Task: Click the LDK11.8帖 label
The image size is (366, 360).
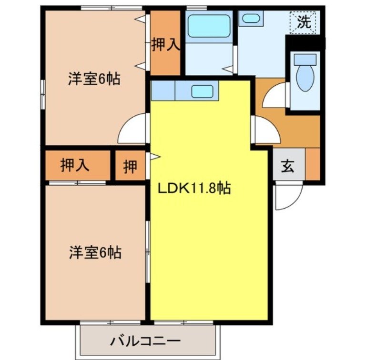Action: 194,189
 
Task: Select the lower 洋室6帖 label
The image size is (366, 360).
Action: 94,252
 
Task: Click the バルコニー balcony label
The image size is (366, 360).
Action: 146,341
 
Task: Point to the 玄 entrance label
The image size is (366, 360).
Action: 288,168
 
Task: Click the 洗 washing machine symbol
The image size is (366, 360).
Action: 304,21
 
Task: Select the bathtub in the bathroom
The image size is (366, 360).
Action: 208,26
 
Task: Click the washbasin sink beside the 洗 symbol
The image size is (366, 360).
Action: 251,19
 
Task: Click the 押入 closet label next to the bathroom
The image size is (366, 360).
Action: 165,45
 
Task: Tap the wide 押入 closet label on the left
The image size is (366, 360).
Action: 75,165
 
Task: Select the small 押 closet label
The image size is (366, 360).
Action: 130,166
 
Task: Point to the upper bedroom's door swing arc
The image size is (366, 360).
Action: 132,129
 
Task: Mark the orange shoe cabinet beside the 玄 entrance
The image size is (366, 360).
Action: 312,164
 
